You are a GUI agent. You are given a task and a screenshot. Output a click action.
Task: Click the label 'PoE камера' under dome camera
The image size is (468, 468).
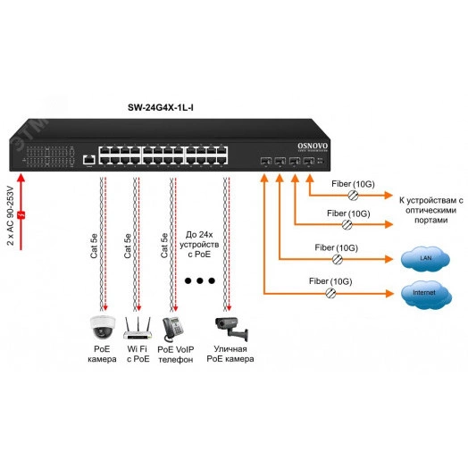click(102, 354)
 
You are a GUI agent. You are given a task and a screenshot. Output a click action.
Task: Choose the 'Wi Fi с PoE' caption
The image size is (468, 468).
click(136, 354)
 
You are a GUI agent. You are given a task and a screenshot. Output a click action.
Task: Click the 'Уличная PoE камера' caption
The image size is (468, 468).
click(228, 354)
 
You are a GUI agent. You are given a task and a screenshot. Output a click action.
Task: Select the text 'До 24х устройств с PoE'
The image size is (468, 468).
click(200, 239)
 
